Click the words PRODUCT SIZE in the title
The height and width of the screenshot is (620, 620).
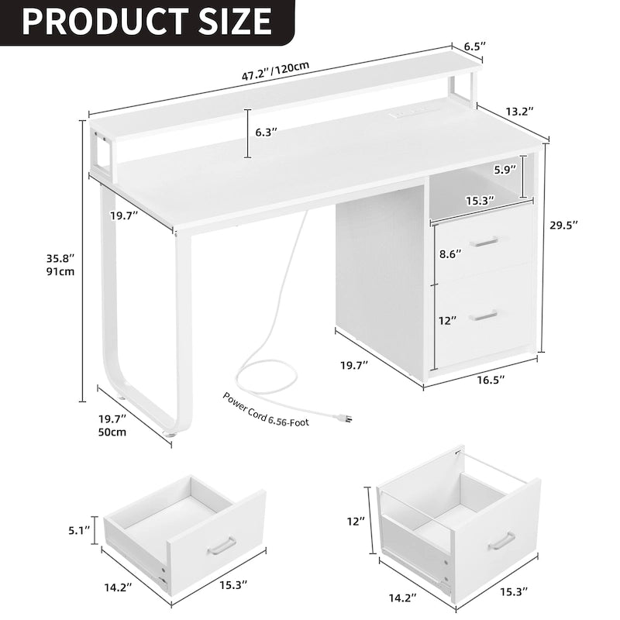pos(146,21)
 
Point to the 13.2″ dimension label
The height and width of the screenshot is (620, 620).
pos(517,112)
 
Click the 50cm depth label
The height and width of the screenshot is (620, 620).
pos(112,432)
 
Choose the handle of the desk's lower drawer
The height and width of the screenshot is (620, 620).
pos(485,313)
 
